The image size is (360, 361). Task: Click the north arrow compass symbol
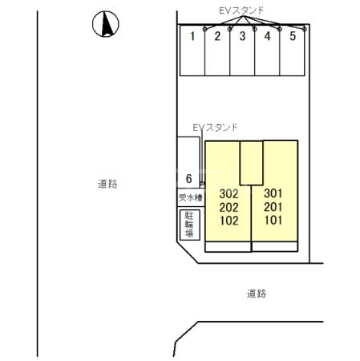pyautogui.click(x=104, y=26)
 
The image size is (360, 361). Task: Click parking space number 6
pyautogui.click(x=188, y=178)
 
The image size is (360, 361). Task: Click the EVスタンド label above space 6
pyautogui.click(x=215, y=128)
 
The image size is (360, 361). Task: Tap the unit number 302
pyautogui.click(x=229, y=193)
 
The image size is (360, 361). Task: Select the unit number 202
pyautogui.click(x=229, y=206)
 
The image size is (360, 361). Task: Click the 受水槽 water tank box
pyautogui.click(x=190, y=197)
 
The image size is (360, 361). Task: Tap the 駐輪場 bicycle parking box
pyautogui.click(x=190, y=224)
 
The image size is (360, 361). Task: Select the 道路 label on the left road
pyautogui.click(x=107, y=184)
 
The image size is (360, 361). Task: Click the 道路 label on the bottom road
pyautogui.click(x=257, y=294)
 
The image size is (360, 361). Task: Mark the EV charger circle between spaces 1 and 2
pyautogui.click(x=206, y=30)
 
